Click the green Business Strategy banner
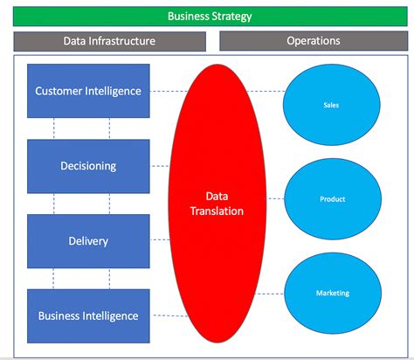[210, 17]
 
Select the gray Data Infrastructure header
[109, 41]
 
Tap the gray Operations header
[313, 41]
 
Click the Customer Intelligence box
[87, 91]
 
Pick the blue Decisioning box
[87, 166]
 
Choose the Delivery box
[87, 241]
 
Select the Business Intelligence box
[87, 315]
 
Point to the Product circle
[332, 199]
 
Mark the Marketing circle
[332, 293]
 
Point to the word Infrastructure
[126, 41]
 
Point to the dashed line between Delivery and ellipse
[163, 241]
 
